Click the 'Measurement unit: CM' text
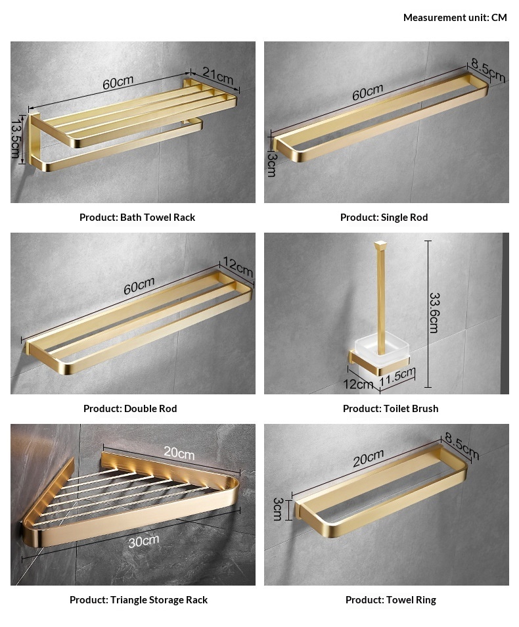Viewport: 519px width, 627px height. pos(455,18)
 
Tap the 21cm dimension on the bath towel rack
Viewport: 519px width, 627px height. pos(217,75)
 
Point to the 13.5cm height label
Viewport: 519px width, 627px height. pos(16,137)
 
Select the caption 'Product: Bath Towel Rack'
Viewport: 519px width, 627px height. pos(137,217)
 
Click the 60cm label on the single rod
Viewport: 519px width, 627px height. pos(367,92)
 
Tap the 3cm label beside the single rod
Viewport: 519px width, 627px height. pos(271,164)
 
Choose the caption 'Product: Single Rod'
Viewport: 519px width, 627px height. pos(384,217)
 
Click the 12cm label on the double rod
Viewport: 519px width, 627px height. pos(238,267)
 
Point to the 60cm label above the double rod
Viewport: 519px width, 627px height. pos(139,286)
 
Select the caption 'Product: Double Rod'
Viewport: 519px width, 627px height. pos(130,408)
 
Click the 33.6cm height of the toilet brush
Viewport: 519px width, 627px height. pos(434,313)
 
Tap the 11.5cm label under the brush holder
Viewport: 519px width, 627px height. pos(397,377)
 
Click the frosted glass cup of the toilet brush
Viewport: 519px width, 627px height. pos(382,349)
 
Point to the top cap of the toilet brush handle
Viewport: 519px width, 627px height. pos(380,244)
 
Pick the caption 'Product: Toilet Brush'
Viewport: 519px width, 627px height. pos(391,408)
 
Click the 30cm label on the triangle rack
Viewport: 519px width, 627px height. pos(144,541)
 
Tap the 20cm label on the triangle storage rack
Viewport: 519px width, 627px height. pos(179,453)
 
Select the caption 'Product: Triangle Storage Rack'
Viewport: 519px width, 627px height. pos(139,600)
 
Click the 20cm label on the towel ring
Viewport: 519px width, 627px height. pos(369,458)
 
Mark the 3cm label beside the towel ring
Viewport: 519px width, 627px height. pos(278,509)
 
